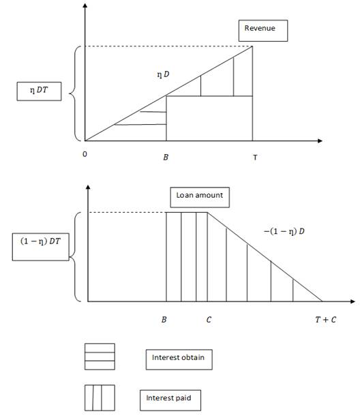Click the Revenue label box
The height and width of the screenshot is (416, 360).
point(263,31)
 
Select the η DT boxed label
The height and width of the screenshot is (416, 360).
point(39,91)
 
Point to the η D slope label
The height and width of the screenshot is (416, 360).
point(163,74)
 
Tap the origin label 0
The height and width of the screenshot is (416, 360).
point(85,154)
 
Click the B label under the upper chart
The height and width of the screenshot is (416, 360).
point(166,158)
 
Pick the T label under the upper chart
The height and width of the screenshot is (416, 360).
point(255,158)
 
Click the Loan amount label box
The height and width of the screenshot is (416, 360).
point(200,197)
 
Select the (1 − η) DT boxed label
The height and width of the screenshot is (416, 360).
point(41,247)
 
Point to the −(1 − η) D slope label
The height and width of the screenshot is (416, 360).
point(284,231)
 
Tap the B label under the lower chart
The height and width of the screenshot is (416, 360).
point(164,319)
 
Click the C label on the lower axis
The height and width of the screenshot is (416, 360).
point(209,319)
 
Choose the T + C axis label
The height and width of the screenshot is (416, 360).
point(325,319)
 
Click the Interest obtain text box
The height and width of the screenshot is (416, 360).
point(179,359)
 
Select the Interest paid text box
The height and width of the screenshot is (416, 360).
point(170,400)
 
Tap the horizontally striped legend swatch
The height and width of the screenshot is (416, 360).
point(100,357)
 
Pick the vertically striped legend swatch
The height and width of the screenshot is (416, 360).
point(100,398)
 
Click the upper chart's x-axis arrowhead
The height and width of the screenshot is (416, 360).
point(320,140)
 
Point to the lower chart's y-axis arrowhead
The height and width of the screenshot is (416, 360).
point(88,187)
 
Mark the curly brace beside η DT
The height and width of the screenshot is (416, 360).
point(72,93)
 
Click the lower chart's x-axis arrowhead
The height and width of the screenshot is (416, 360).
point(352,301)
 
